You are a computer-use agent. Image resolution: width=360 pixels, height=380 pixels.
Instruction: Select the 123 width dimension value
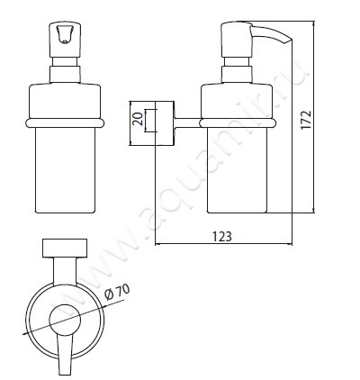[x=223, y=236]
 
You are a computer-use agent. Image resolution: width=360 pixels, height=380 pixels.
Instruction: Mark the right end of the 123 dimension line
[x=293, y=244]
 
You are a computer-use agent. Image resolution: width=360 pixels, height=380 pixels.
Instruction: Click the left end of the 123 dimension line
[x=155, y=244]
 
